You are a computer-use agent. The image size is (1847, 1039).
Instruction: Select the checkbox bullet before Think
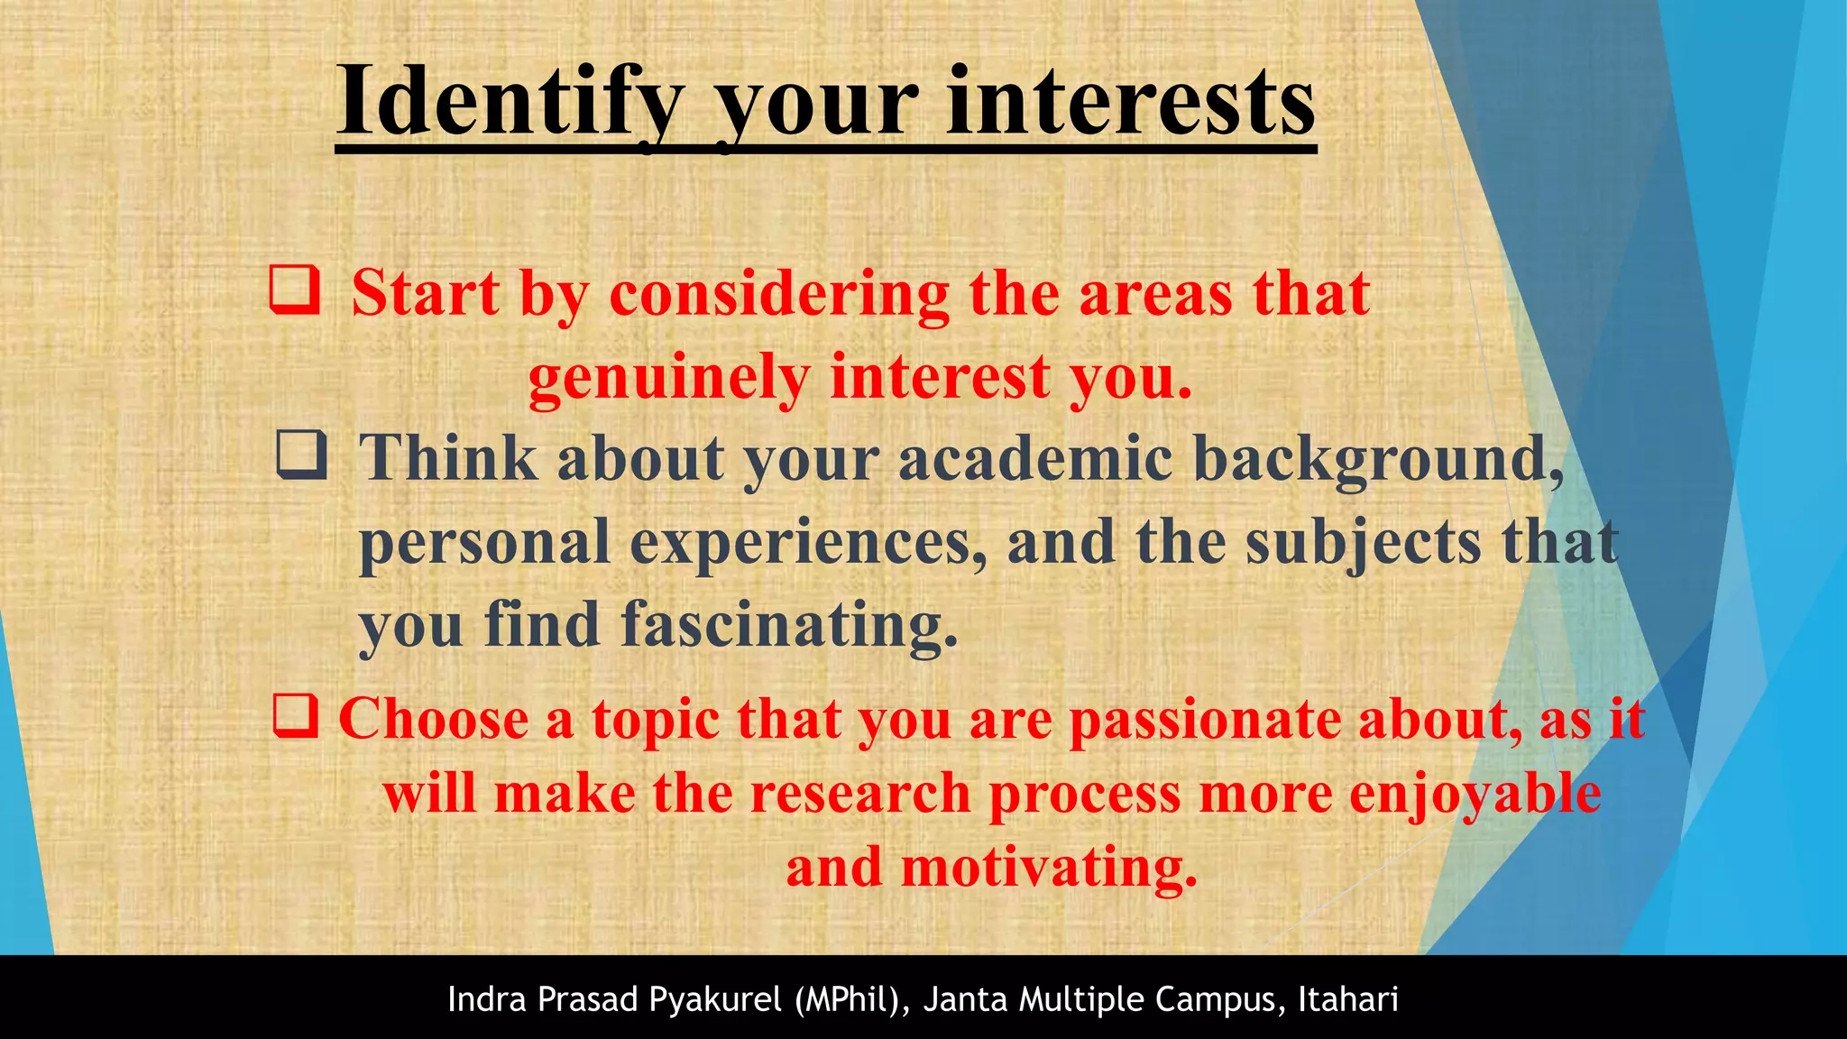pyautogui.click(x=300, y=455)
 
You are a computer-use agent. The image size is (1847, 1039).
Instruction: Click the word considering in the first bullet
pyautogui.click(x=779, y=294)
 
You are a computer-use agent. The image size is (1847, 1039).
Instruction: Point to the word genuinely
pyautogui.click(x=668, y=377)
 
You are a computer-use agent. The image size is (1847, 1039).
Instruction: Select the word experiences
pyautogui.click(x=808, y=543)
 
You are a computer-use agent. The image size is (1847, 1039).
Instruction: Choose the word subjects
pyautogui.click(x=1363, y=543)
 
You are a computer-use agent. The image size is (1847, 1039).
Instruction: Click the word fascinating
pyautogui.click(x=789, y=625)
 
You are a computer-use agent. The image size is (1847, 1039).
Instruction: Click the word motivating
pyautogui.click(x=1049, y=869)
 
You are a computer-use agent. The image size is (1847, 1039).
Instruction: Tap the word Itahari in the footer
pyautogui.click(x=1348, y=999)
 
